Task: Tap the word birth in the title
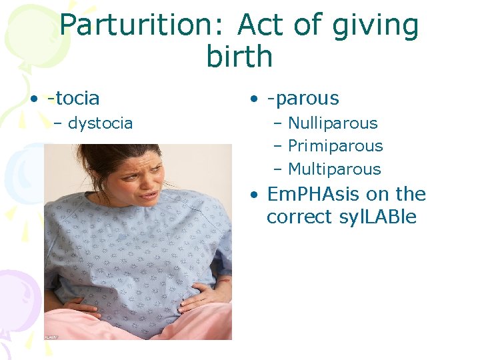[x=239, y=57]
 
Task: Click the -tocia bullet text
[x=73, y=98]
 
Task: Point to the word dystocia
[x=100, y=123]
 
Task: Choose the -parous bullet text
[x=303, y=99]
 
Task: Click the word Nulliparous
[x=333, y=123]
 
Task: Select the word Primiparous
[x=335, y=146]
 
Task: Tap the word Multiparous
[x=334, y=169]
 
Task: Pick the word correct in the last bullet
[x=297, y=217]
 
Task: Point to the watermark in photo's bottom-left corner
[x=51, y=337]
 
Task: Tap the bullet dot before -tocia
[x=33, y=99]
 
